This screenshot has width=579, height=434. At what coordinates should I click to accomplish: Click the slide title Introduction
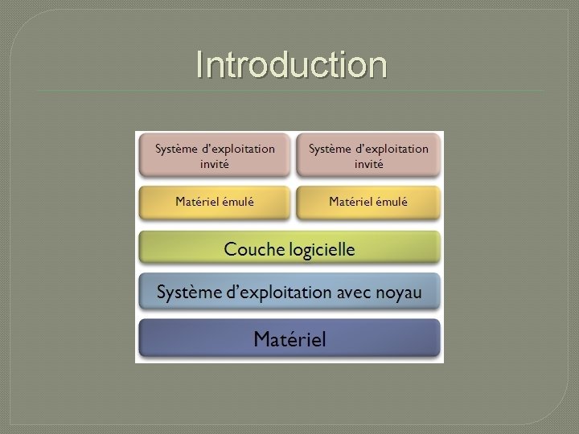pos(291,65)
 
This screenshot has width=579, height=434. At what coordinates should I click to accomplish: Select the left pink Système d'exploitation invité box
pos(215,156)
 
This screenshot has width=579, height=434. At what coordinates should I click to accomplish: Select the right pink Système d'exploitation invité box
pos(368,156)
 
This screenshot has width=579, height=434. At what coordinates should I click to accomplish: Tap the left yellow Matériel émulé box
pos(215,203)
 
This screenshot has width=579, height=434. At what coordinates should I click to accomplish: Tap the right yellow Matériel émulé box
pos(368,203)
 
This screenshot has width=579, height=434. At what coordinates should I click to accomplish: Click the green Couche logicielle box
pos(289,249)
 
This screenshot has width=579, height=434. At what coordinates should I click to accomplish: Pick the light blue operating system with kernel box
pos(289,293)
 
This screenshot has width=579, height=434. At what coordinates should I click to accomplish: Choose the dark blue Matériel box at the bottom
pos(289,339)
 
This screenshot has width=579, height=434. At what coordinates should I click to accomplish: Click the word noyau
pos(398,293)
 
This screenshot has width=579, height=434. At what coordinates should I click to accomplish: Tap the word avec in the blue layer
pos(355,293)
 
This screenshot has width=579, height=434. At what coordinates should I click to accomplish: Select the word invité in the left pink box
pos(215,164)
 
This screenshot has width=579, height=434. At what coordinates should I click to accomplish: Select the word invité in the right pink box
pos(369,164)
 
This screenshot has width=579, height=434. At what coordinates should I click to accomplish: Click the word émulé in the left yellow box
pos(236,202)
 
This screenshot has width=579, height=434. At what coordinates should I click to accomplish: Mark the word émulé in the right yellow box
pos(390,202)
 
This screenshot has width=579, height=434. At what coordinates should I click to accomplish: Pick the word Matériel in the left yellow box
pos(196,202)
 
